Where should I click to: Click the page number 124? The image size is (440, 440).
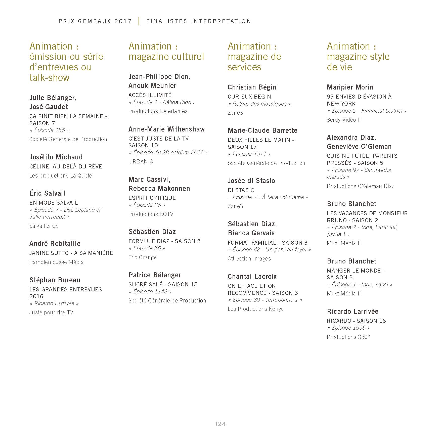[x=220, y=424]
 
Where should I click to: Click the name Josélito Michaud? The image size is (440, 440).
[x=56, y=157]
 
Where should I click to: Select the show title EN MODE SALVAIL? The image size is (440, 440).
[x=54, y=203]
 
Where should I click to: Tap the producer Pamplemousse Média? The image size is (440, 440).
[x=56, y=262]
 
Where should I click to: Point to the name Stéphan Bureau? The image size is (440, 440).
[x=55, y=280]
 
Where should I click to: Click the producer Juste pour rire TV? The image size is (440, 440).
[x=51, y=312]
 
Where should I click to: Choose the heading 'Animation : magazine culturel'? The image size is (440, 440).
[x=166, y=52]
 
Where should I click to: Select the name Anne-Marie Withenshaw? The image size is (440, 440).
[x=166, y=129]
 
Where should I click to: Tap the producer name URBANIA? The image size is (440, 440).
[x=141, y=161]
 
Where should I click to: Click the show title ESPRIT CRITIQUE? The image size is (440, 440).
[x=152, y=198]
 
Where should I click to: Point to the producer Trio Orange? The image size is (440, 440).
[x=142, y=257]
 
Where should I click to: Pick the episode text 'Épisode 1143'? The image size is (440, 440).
[x=150, y=291]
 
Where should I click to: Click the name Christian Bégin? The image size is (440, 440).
[x=252, y=87]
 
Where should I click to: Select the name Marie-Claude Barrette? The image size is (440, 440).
[x=262, y=130]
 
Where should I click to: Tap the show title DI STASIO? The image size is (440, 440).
[x=241, y=190]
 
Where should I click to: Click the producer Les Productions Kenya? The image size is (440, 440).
[x=255, y=309]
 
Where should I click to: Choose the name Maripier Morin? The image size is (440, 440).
[x=350, y=87]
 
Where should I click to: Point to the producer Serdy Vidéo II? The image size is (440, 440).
[x=344, y=120]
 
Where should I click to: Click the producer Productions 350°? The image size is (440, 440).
[x=348, y=337]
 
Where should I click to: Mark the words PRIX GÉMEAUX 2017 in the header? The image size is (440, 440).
[x=95, y=21]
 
